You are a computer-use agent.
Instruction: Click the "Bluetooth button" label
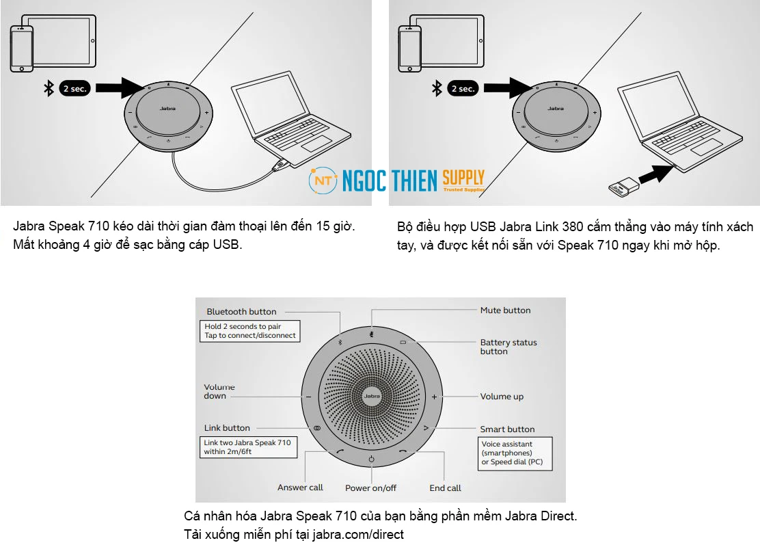click(241, 312)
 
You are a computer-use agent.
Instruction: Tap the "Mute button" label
click(505, 310)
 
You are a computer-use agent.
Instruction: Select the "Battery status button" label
click(508, 347)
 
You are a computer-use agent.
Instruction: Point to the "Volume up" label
click(502, 397)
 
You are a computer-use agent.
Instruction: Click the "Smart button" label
click(507, 429)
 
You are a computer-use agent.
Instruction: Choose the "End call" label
click(445, 488)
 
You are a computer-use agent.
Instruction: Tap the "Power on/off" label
click(370, 488)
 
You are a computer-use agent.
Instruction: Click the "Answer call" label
click(300, 488)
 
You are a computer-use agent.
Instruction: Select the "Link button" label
click(227, 428)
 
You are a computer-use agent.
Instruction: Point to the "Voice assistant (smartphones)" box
click(514, 453)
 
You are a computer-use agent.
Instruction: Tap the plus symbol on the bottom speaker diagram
click(433, 397)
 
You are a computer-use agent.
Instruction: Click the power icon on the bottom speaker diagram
click(371, 460)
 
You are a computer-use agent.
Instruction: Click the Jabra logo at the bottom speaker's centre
click(372, 397)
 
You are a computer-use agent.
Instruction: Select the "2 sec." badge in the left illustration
click(75, 88)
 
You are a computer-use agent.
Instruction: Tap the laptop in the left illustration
click(280, 123)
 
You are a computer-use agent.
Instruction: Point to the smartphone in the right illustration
click(409, 49)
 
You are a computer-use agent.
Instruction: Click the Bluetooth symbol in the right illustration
click(437, 88)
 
